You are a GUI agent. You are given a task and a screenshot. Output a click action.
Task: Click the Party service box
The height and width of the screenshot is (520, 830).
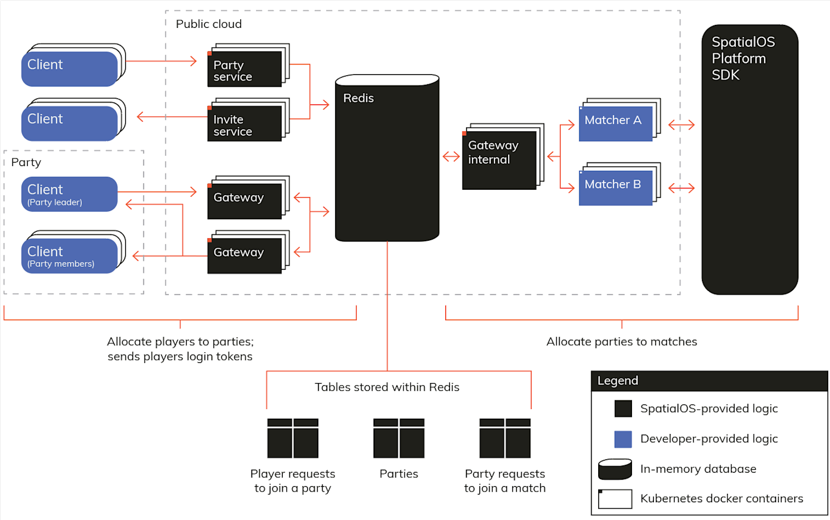tap(244, 69)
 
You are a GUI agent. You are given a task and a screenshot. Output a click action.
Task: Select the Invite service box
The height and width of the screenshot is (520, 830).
tap(244, 123)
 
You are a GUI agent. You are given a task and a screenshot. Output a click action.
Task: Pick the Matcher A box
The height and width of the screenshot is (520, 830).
tap(615, 123)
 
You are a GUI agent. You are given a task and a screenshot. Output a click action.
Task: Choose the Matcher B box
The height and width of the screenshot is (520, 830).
tap(615, 187)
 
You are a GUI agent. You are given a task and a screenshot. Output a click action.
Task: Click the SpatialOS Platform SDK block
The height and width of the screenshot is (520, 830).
tap(750, 160)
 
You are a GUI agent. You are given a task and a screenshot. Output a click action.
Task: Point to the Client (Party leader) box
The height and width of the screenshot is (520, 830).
tap(69, 194)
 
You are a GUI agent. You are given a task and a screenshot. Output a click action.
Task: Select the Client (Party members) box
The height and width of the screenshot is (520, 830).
tap(69, 256)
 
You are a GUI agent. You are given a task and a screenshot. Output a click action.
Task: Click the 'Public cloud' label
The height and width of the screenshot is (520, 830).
tap(209, 24)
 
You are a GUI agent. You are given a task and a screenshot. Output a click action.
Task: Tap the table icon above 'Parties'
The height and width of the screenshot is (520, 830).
tap(399, 438)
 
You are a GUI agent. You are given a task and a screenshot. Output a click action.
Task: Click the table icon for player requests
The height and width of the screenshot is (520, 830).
tap(293, 438)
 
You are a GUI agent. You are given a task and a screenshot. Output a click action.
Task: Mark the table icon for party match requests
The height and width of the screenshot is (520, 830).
tap(505, 438)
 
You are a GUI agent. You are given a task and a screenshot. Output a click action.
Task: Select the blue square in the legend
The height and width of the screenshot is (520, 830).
tap(623, 439)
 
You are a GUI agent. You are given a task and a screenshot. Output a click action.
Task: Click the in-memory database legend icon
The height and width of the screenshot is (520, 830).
tap(615, 469)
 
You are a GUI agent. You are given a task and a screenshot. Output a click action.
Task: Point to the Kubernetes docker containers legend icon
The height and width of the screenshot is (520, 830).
tap(615, 499)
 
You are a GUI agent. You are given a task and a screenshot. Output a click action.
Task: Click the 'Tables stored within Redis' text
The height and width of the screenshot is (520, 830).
tap(387, 387)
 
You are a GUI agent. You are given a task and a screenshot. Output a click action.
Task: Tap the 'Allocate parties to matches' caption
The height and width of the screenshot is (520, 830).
tap(621, 342)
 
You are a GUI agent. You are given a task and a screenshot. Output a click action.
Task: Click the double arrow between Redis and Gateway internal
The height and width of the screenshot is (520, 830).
tap(451, 157)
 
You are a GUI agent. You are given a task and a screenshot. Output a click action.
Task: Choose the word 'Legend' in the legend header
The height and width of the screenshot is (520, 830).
tap(618, 381)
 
